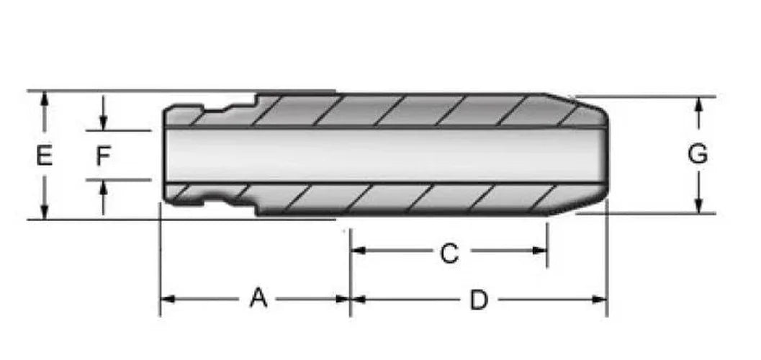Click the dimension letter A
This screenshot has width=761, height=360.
258,298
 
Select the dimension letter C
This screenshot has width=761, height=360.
449,253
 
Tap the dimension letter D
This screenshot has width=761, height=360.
479,301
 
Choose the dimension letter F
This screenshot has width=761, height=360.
103,156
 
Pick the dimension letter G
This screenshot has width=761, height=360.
698,154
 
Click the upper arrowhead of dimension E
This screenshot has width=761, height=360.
45,99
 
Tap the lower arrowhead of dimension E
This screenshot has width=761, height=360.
45,212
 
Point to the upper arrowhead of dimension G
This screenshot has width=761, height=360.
699,105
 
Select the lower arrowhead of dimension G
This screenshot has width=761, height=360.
699,205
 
